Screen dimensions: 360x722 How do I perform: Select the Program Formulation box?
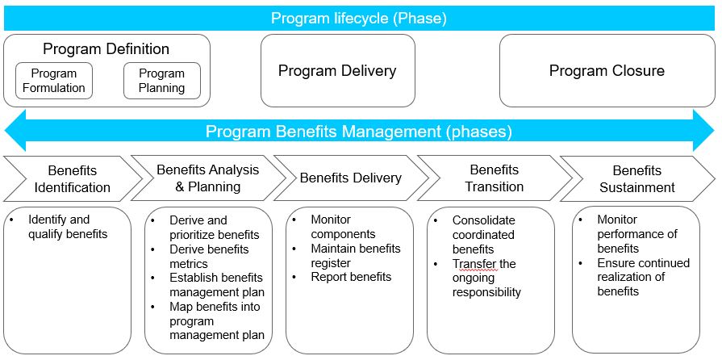[x=54, y=81]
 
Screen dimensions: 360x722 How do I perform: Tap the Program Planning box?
[x=161, y=81]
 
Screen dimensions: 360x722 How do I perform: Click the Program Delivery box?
[x=337, y=71]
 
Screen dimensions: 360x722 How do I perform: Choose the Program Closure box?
[x=607, y=71]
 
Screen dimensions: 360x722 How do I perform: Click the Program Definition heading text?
[x=106, y=49]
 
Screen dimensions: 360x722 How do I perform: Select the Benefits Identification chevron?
[x=72, y=178]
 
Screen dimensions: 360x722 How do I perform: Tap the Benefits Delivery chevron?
[x=350, y=178]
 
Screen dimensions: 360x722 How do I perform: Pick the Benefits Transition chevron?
[x=494, y=178]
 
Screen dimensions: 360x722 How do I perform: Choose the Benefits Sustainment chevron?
[x=636, y=178]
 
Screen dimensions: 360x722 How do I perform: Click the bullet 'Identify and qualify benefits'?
[x=67, y=227]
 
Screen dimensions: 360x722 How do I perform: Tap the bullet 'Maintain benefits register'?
[x=355, y=255]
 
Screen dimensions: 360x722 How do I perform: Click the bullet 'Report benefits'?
[x=351, y=277]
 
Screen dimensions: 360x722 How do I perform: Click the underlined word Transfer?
[x=472, y=264]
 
